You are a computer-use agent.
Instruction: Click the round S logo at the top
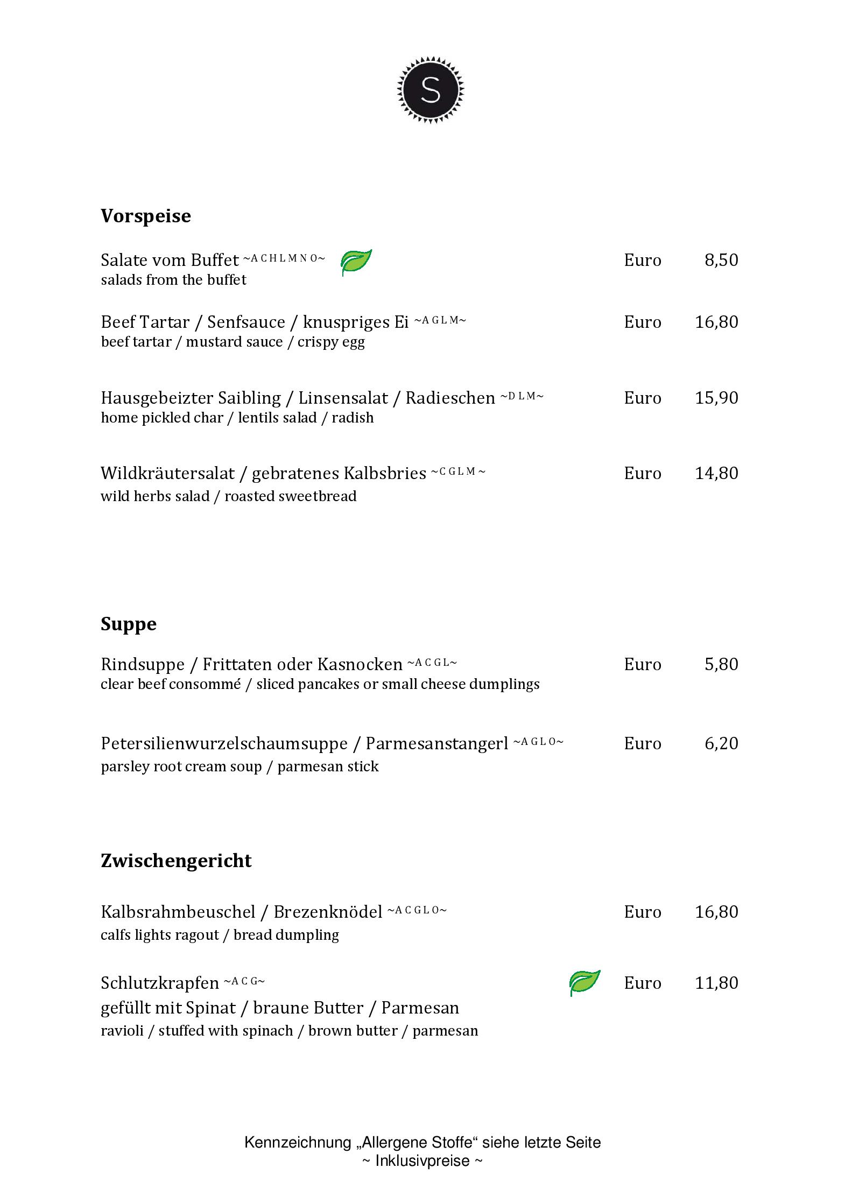click(431, 89)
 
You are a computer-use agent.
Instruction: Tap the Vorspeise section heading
click(146, 216)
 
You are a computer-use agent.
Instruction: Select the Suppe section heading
click(129, 624)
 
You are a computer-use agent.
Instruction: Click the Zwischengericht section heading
click(176, 861)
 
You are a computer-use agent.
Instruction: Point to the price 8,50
click(721, 260)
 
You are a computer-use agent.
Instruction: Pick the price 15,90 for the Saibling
click(716, 398)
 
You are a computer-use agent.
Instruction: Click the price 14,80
click(716, 473)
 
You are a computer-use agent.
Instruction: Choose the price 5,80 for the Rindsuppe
click(721, 664)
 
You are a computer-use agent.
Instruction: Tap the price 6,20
click(721, 743)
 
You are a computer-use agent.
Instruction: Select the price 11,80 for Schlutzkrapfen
click(716, 983)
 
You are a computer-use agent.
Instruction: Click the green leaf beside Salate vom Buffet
click(356, 262)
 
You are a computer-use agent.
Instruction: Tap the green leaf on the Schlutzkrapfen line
click(585, 982)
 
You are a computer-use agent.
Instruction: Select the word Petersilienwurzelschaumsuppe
click(224, 744)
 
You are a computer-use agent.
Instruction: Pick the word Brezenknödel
click(328, 912)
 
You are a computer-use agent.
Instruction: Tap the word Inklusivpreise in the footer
click(422, 1160)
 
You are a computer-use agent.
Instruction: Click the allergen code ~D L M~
click(522, 397)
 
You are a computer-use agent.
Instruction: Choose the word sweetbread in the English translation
click(322, 496)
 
